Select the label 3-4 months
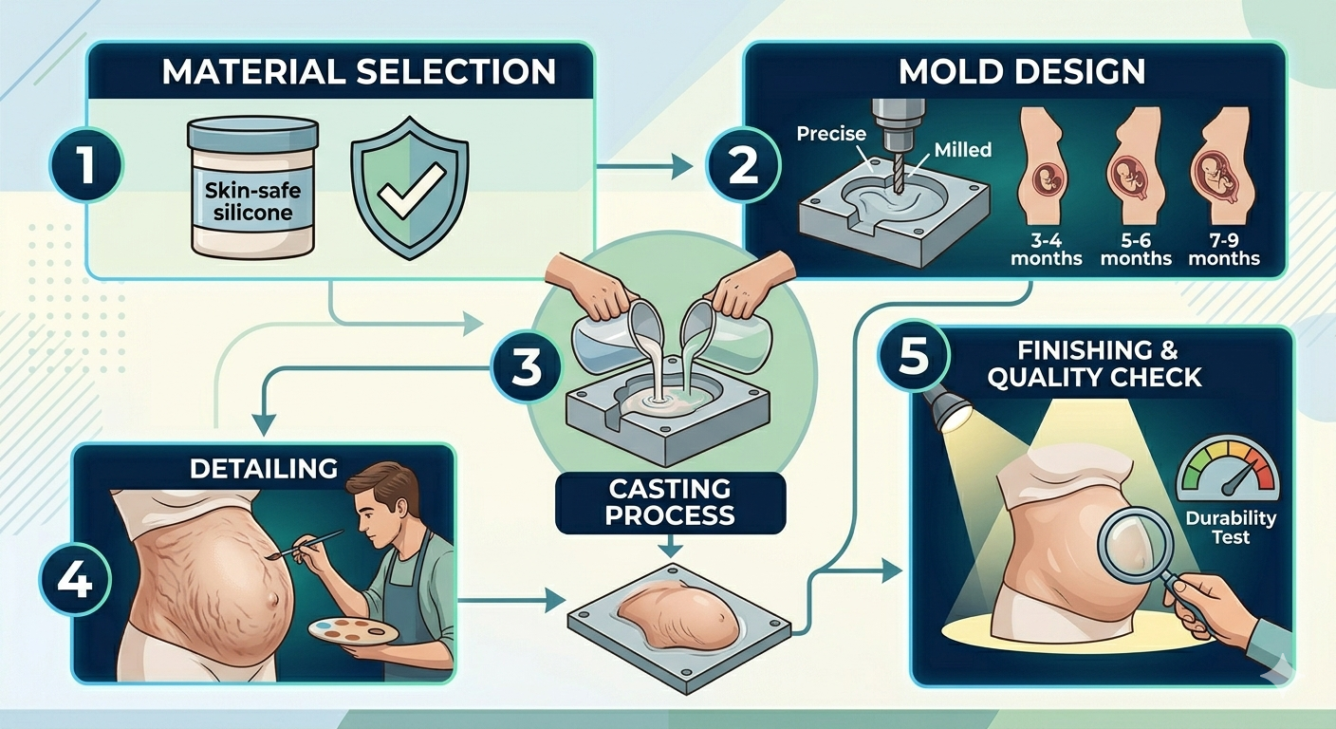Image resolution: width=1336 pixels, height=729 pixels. coord(1046,250)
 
